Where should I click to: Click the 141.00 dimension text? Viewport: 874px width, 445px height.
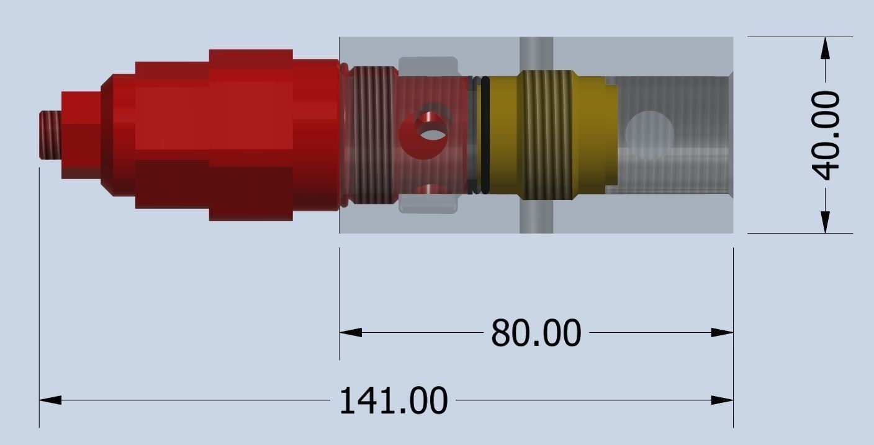pos(393,401)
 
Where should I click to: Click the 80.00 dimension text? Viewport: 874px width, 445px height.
pos(536,333)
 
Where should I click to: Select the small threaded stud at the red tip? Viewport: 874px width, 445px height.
pos(50,134)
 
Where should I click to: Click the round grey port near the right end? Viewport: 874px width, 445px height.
pos(649,133)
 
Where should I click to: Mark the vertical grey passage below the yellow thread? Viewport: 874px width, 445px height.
pos(536,217)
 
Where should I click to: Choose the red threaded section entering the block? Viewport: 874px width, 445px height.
pos(371,134)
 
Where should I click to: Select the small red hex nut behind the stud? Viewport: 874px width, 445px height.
pos(81,134)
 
